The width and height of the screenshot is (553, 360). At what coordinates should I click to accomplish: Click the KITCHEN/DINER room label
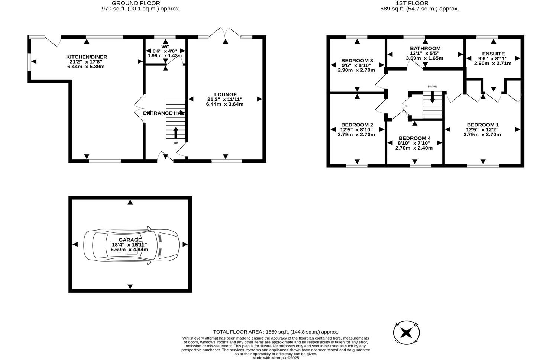87,57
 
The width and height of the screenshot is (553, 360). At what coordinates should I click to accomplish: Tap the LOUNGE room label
225,94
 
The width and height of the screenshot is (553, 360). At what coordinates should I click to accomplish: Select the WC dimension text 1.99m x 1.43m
165,56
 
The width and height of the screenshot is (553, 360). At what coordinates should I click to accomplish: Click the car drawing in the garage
131,244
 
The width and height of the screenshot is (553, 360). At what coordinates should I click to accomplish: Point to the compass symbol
407,332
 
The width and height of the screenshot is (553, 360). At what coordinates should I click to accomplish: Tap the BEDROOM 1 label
482,125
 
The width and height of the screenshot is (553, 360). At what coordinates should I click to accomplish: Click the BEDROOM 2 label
357,125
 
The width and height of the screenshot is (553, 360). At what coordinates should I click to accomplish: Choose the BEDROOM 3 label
357,61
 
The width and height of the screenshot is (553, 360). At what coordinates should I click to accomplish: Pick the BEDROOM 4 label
414,138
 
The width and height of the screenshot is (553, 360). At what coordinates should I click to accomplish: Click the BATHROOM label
425,48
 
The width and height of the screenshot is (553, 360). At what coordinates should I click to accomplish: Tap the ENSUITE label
493,54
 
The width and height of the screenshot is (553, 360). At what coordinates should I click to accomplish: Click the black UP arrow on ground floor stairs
176,132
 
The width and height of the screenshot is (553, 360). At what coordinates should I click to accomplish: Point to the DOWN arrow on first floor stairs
432,98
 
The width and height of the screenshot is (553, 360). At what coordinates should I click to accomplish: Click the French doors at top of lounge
225,33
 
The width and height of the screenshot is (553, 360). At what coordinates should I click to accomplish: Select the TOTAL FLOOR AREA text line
275,332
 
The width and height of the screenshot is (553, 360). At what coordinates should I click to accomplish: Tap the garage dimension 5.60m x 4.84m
129,250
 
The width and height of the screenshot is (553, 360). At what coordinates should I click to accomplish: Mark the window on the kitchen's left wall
29,61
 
